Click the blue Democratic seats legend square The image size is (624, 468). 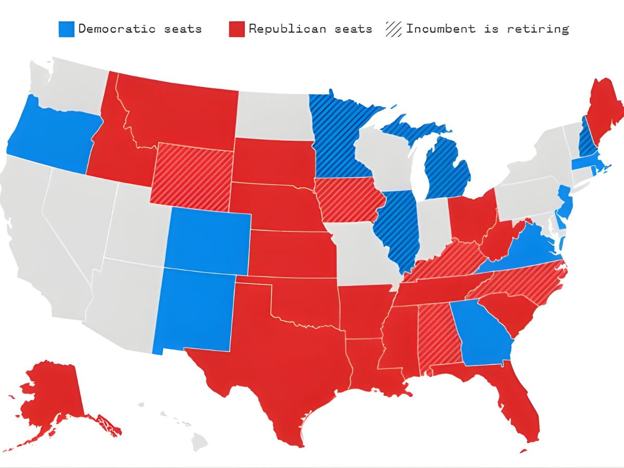[x=67, y=29]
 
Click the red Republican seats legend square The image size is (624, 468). [x=236, y=29]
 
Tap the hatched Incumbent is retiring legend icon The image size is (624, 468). [x=394, y=29]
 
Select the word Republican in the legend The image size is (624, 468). [x=280, y=29]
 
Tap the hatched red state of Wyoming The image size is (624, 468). [x=191, y=176]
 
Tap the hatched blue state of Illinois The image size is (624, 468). [x=398, y=229]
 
